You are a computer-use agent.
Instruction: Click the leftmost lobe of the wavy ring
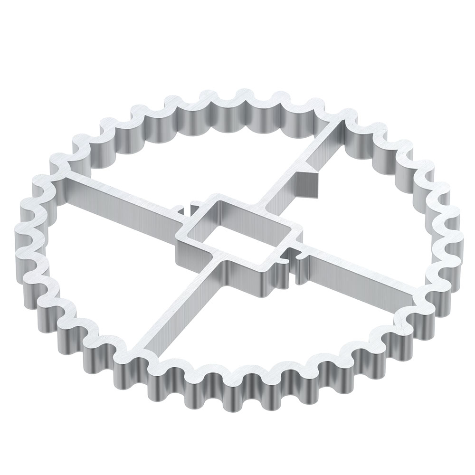(24, 237)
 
